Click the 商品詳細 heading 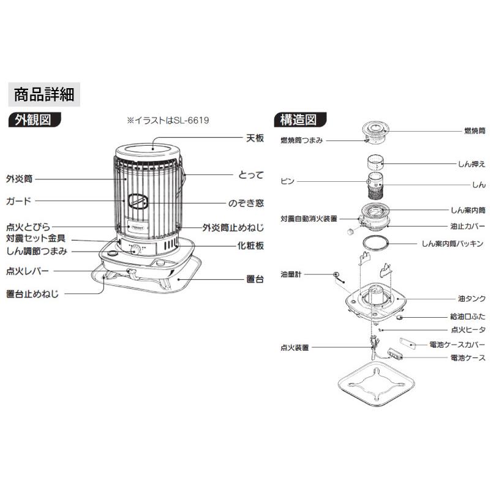(x=44, y=94)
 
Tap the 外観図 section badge (x=34, y=120)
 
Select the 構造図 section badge (x=300, y=120)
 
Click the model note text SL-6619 (x=190, y=121)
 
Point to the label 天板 (x=255, y=138)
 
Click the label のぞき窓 (x=246, y=203)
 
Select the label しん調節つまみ (x=37, y=251)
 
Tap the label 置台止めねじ (x=32, y=294)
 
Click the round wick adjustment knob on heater (x=135, y=250)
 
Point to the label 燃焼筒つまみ (x=302, y=140)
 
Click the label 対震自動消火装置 (x=309, y=219)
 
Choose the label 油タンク (x=472, y=299)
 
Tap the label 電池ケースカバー (x=457, y=345)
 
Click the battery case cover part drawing (x=408, y=343)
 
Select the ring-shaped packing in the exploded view (x=375, y=244)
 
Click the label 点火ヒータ (x=468, y=330)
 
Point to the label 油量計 (x=291, y=275)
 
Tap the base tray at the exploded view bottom (x=377, y=384)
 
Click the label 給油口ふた (x=468, y=317)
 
